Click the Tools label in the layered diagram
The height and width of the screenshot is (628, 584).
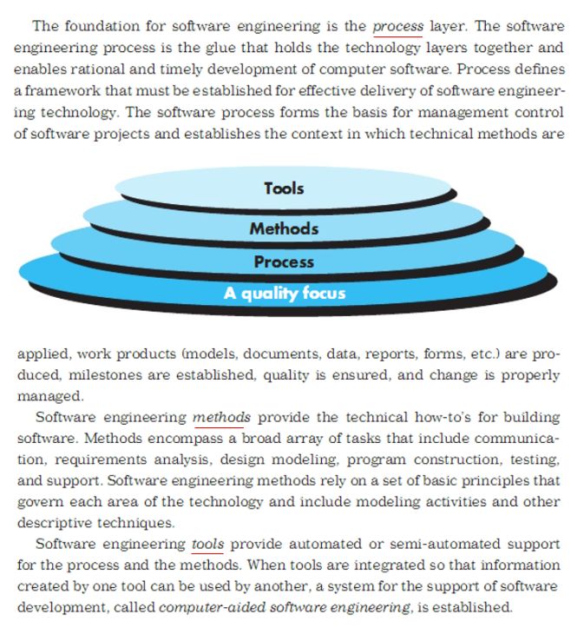coord(284,188)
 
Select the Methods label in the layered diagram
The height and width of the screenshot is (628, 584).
coord(284,228)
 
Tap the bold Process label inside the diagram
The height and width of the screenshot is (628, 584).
coord(284,261)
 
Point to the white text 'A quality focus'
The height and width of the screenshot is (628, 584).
coord(284,293)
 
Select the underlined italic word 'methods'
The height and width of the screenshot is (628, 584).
coord(221,417)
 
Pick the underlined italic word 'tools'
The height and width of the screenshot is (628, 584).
coord(207,545)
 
